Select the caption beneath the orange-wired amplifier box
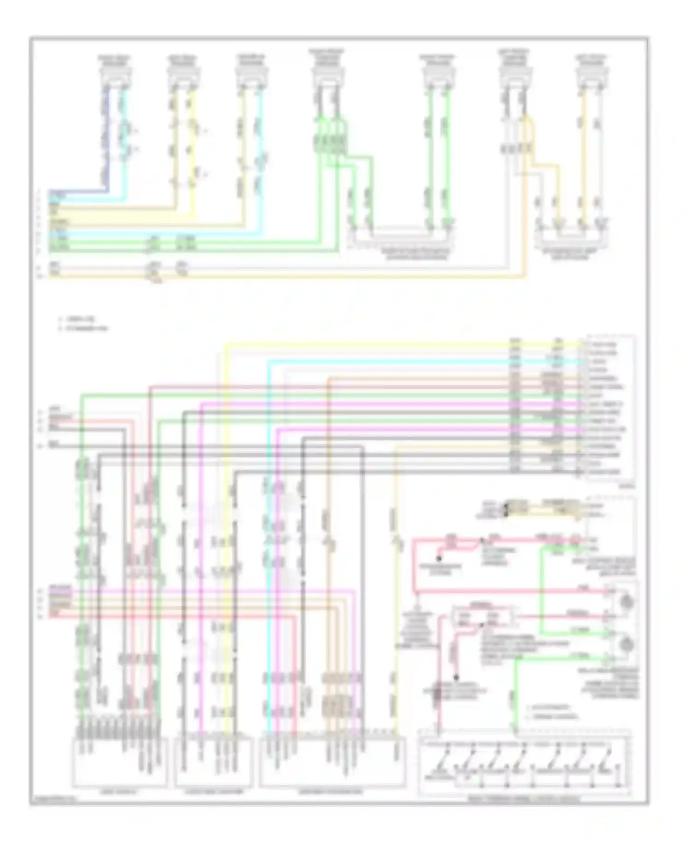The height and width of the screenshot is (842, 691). pyautogui.click(x=572, y=254)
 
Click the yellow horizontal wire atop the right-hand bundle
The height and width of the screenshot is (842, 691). pyautogui.click(x=369, y=343)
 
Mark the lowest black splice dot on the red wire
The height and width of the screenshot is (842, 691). pyautogui.click(x=457, y=678)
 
